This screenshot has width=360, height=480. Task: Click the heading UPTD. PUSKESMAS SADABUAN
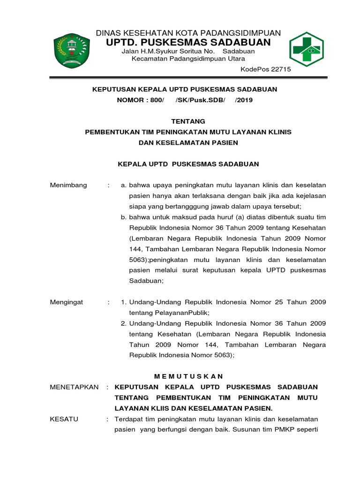point(188,42)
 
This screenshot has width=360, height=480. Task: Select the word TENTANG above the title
point(188,121)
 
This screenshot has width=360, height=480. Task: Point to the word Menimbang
point(68,185)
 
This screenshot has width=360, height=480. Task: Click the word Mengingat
point(67,302)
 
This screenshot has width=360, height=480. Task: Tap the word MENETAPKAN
point(74,387)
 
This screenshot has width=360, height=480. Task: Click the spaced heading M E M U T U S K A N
point(188,376)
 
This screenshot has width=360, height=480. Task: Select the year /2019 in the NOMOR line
point(244,100)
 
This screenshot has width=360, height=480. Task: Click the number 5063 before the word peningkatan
point(137,260)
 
